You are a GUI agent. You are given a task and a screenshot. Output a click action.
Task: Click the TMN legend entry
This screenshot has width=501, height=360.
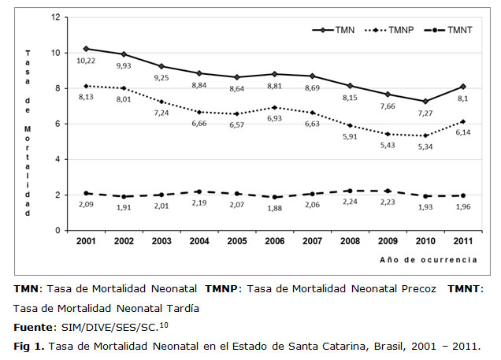click(332, 29)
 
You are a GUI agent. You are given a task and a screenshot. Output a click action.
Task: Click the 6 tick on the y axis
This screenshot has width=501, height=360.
click(56, 124)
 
